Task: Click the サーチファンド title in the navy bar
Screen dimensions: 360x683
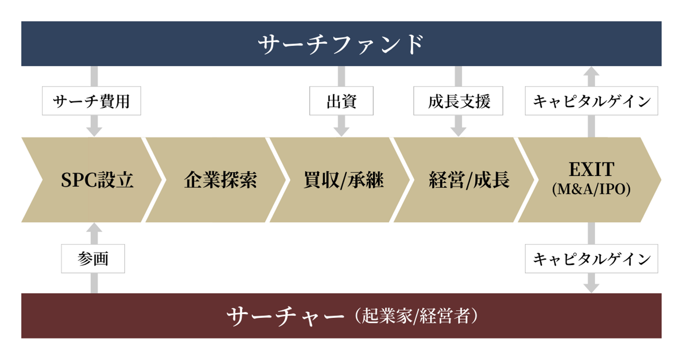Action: click(x=341, y=44)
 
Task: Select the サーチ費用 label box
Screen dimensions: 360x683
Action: click(x=92, y=101)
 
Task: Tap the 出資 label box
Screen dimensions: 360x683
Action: click(x=341, y=101)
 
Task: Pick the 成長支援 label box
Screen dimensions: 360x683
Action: click(x=458, y=101)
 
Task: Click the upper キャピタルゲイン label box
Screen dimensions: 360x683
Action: click(x=591, y=101)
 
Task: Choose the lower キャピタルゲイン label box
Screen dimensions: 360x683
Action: click(x=591, y=259)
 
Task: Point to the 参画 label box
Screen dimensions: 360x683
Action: click(x=93, y=259)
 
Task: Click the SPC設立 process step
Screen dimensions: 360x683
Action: click(x=97, y=180)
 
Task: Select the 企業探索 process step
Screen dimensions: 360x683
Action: click(x=220, y=180)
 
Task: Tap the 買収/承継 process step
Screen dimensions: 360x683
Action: click(x=343, y=180)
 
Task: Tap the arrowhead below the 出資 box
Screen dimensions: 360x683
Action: click(x=341, y=130)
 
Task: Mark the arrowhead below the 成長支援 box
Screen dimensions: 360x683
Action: click(x=458, y=130)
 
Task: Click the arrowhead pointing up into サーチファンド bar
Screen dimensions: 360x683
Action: click(x=591, y=72)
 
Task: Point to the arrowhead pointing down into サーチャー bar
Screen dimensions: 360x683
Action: click(x=591, y=287)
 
